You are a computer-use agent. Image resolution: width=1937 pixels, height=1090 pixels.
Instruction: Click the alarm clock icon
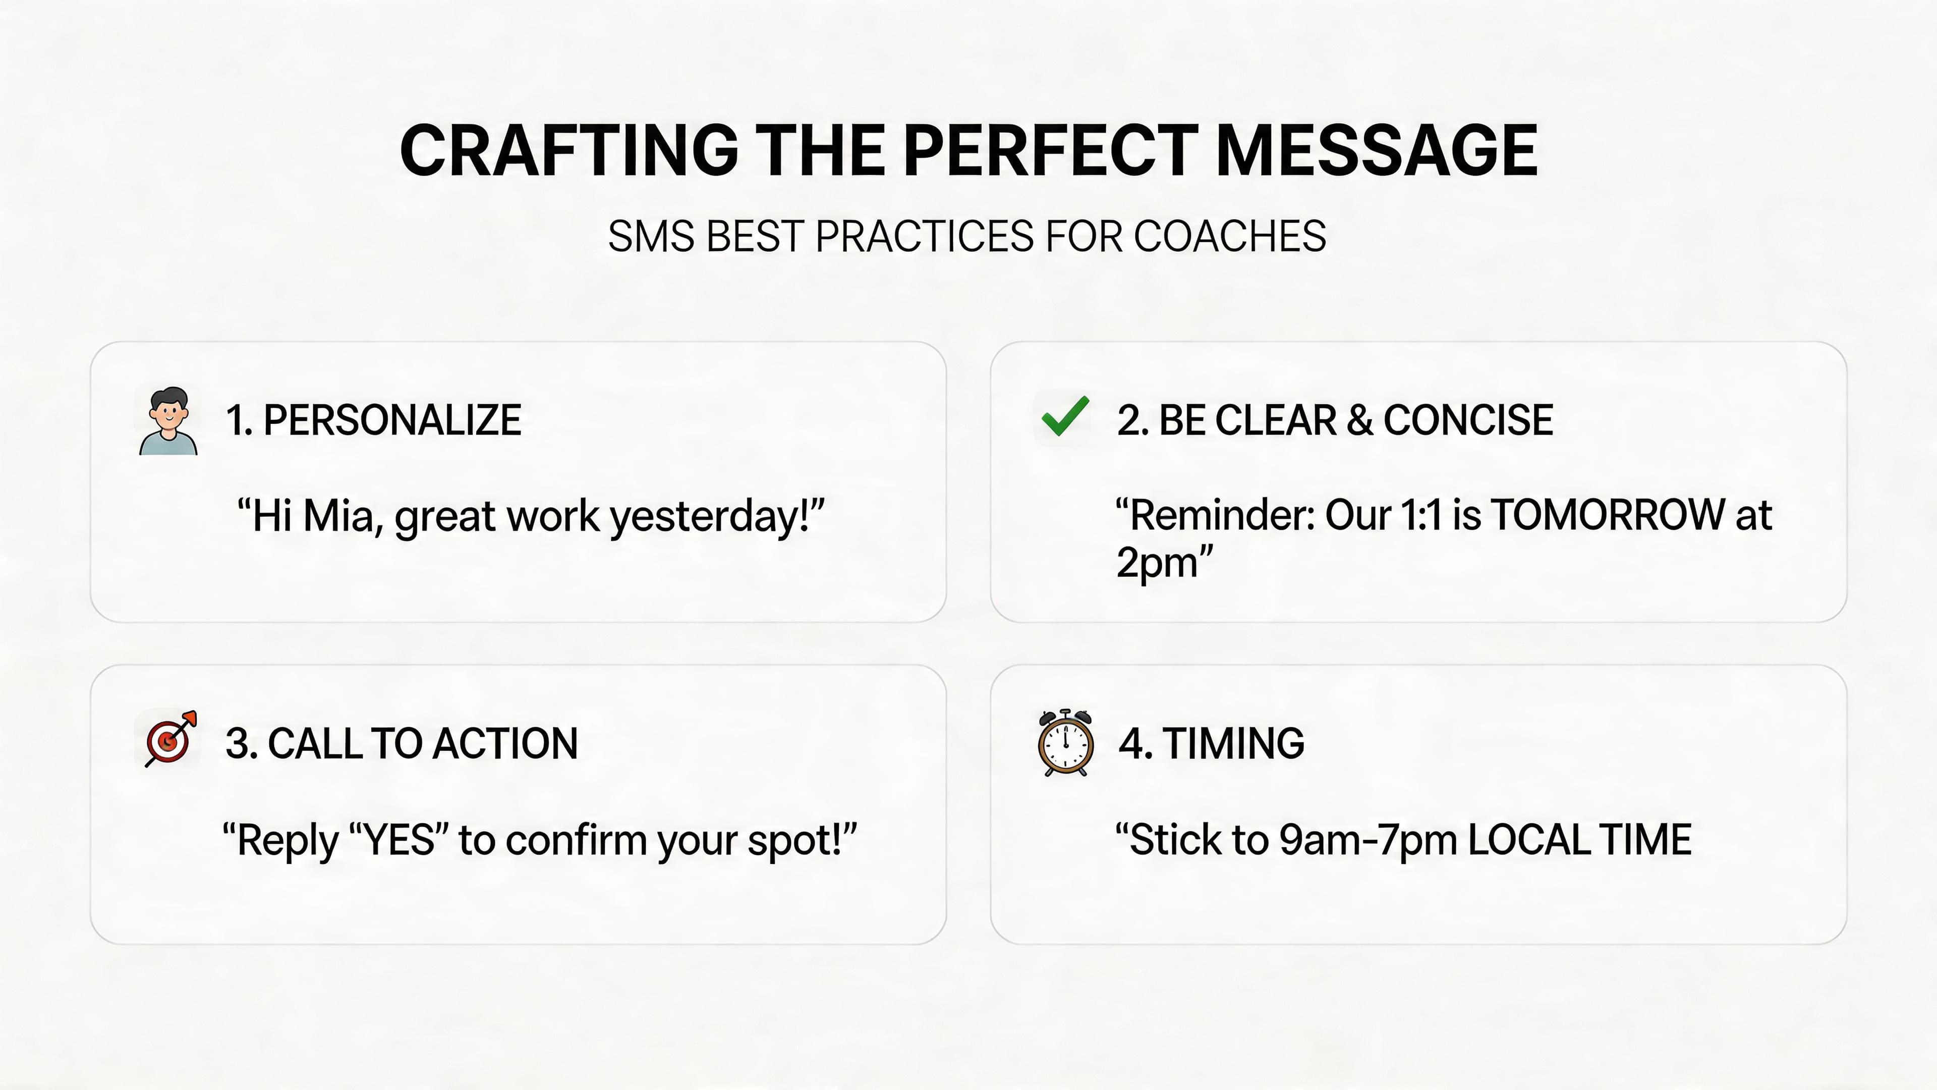pyautogui.click(x=1065, y=742)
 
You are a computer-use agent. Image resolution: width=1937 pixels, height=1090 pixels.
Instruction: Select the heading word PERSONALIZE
pyautogui.click(x=392, y=420)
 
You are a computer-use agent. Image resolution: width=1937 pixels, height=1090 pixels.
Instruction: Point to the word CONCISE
pyautogui.click(x=1468, y=420)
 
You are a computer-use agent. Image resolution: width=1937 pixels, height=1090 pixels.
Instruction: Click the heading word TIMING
pyautogui.click(x=1233, y=743)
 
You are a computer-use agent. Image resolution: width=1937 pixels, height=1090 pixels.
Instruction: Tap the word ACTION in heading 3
pyautogui.click(x=505, y=743)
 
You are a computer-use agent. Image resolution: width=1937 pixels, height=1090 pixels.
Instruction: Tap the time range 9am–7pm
pyautogui.click(x=1369, y=840)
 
